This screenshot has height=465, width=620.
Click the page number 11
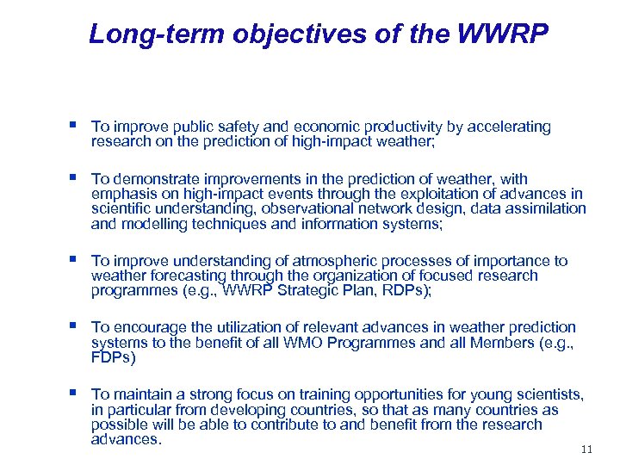coord(587,449)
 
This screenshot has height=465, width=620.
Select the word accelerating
coord(510,127)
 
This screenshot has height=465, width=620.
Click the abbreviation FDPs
coord(113,356)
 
